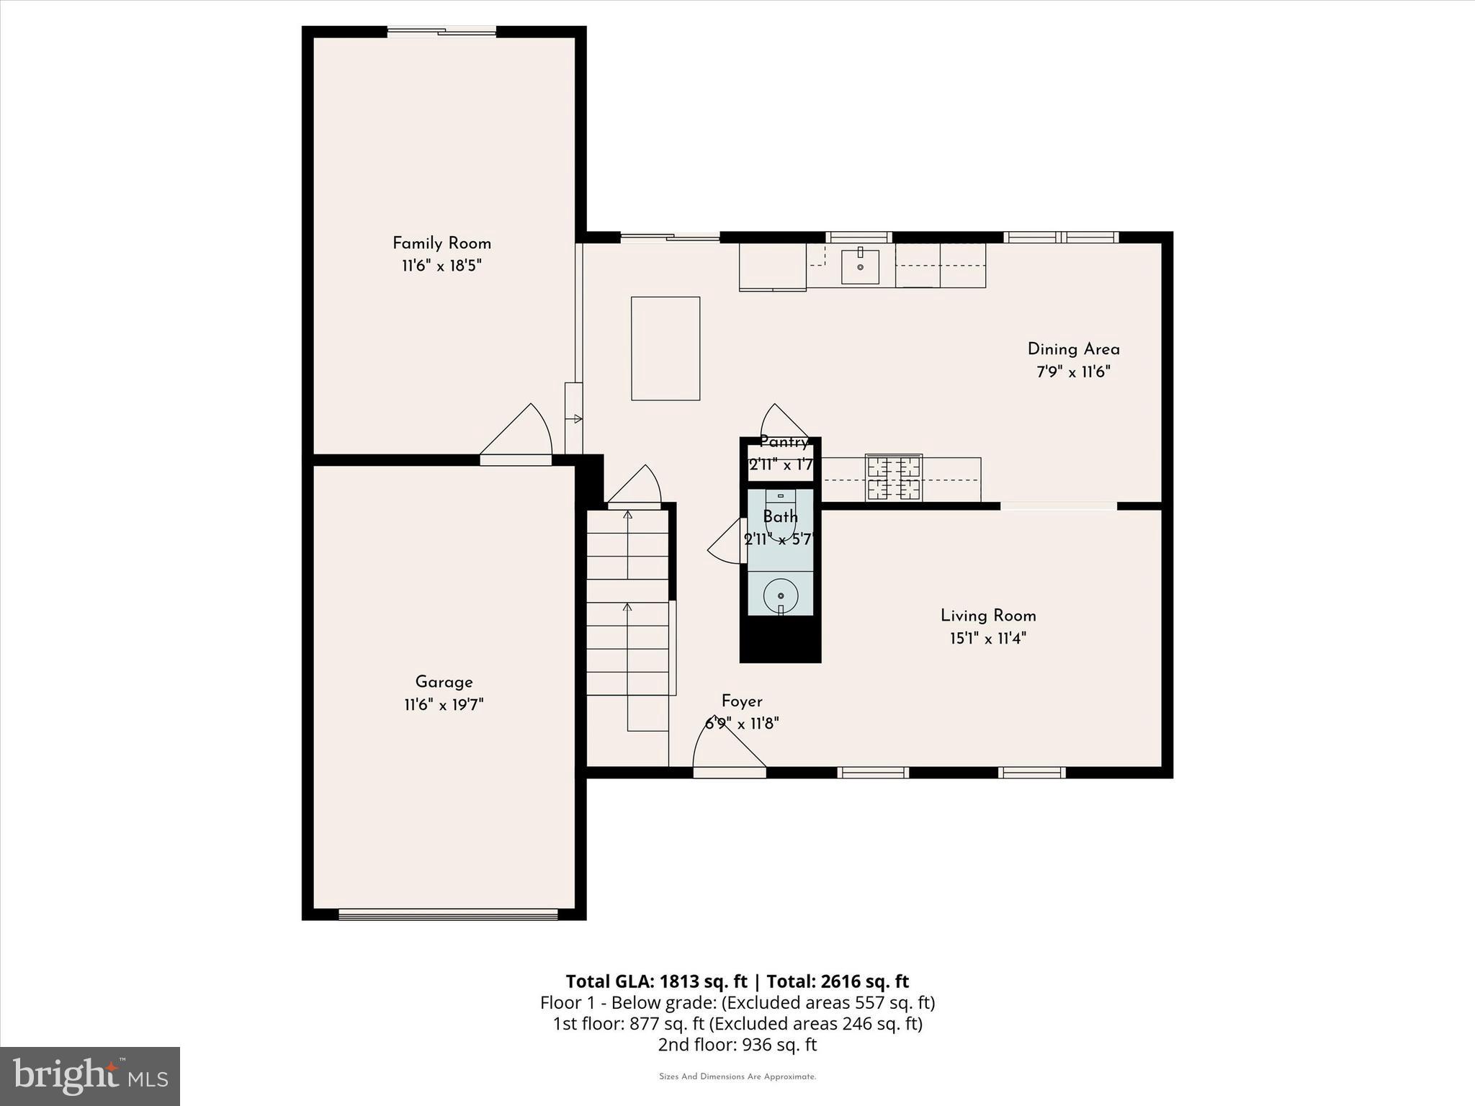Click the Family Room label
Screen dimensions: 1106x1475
(x=441, y=243)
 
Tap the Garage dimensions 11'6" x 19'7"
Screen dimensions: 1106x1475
(x=444, y=705)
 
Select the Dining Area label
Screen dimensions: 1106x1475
(x=1073, y=349)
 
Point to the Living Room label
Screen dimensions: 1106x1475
(x=988, y=616)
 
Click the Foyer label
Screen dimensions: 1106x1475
(x=742, y=701)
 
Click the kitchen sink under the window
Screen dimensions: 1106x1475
(x=860, y=266)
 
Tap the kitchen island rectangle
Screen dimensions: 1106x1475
(x=665, y=349)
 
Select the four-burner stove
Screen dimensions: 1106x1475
(x=894, y=478)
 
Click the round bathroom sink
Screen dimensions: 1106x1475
(x=781, y=596)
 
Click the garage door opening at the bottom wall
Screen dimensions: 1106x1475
(x=448, y=914)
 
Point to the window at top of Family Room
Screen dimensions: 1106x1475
(x=441, y=32)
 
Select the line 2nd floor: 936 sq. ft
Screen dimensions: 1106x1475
(x=737, y=1045)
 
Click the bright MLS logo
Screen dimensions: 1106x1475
(x=90, y=1076)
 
